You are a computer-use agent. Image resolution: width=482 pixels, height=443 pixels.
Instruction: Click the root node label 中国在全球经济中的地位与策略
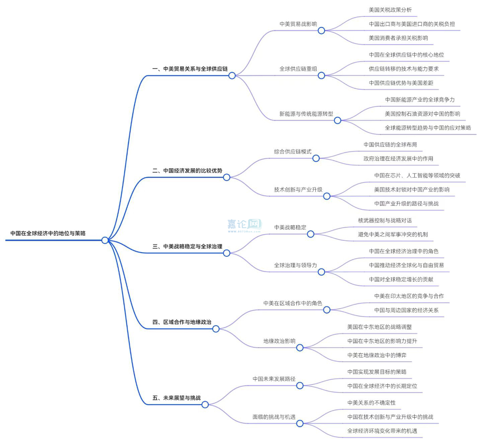[48, 233]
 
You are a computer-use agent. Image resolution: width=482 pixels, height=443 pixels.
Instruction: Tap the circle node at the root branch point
[105, 240]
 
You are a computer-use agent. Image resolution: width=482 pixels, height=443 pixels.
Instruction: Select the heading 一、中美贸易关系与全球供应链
[190, 69]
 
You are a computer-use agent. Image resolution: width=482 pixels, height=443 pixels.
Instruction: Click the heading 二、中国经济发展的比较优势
[187, 171]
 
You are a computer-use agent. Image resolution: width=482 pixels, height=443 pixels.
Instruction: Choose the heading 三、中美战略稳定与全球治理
[187, 247]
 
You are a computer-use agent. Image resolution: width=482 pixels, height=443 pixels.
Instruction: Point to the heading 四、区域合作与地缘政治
[182, 322]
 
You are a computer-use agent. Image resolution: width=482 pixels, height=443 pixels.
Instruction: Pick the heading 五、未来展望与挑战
[177, 398]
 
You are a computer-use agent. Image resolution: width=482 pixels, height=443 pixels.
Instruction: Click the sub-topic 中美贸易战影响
[298, 24]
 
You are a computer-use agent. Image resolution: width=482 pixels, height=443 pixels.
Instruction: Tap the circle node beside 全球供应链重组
[321, 75]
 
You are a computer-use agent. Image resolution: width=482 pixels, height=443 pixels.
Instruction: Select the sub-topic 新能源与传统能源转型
[306, 114]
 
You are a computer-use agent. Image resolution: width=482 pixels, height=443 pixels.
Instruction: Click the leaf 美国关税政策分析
[390, 10]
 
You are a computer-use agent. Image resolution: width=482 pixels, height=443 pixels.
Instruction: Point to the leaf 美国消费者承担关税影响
[398, 38]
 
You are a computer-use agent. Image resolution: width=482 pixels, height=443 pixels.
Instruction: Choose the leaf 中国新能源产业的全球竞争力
[420, 100]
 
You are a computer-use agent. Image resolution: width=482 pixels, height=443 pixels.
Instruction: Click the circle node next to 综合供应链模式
[316, 158]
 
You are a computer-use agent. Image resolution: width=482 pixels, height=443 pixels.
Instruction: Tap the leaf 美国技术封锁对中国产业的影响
[412, 190]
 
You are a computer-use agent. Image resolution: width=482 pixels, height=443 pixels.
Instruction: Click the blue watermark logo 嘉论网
[244, 225]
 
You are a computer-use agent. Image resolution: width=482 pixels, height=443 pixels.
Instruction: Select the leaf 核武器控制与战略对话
[385, 220]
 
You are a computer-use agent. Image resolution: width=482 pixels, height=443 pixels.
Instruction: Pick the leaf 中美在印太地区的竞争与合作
[409, 296]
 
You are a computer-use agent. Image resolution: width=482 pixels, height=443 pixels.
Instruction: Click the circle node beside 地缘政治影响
[300, 348]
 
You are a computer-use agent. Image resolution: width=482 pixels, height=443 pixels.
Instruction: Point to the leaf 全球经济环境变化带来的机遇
[382, 431]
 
